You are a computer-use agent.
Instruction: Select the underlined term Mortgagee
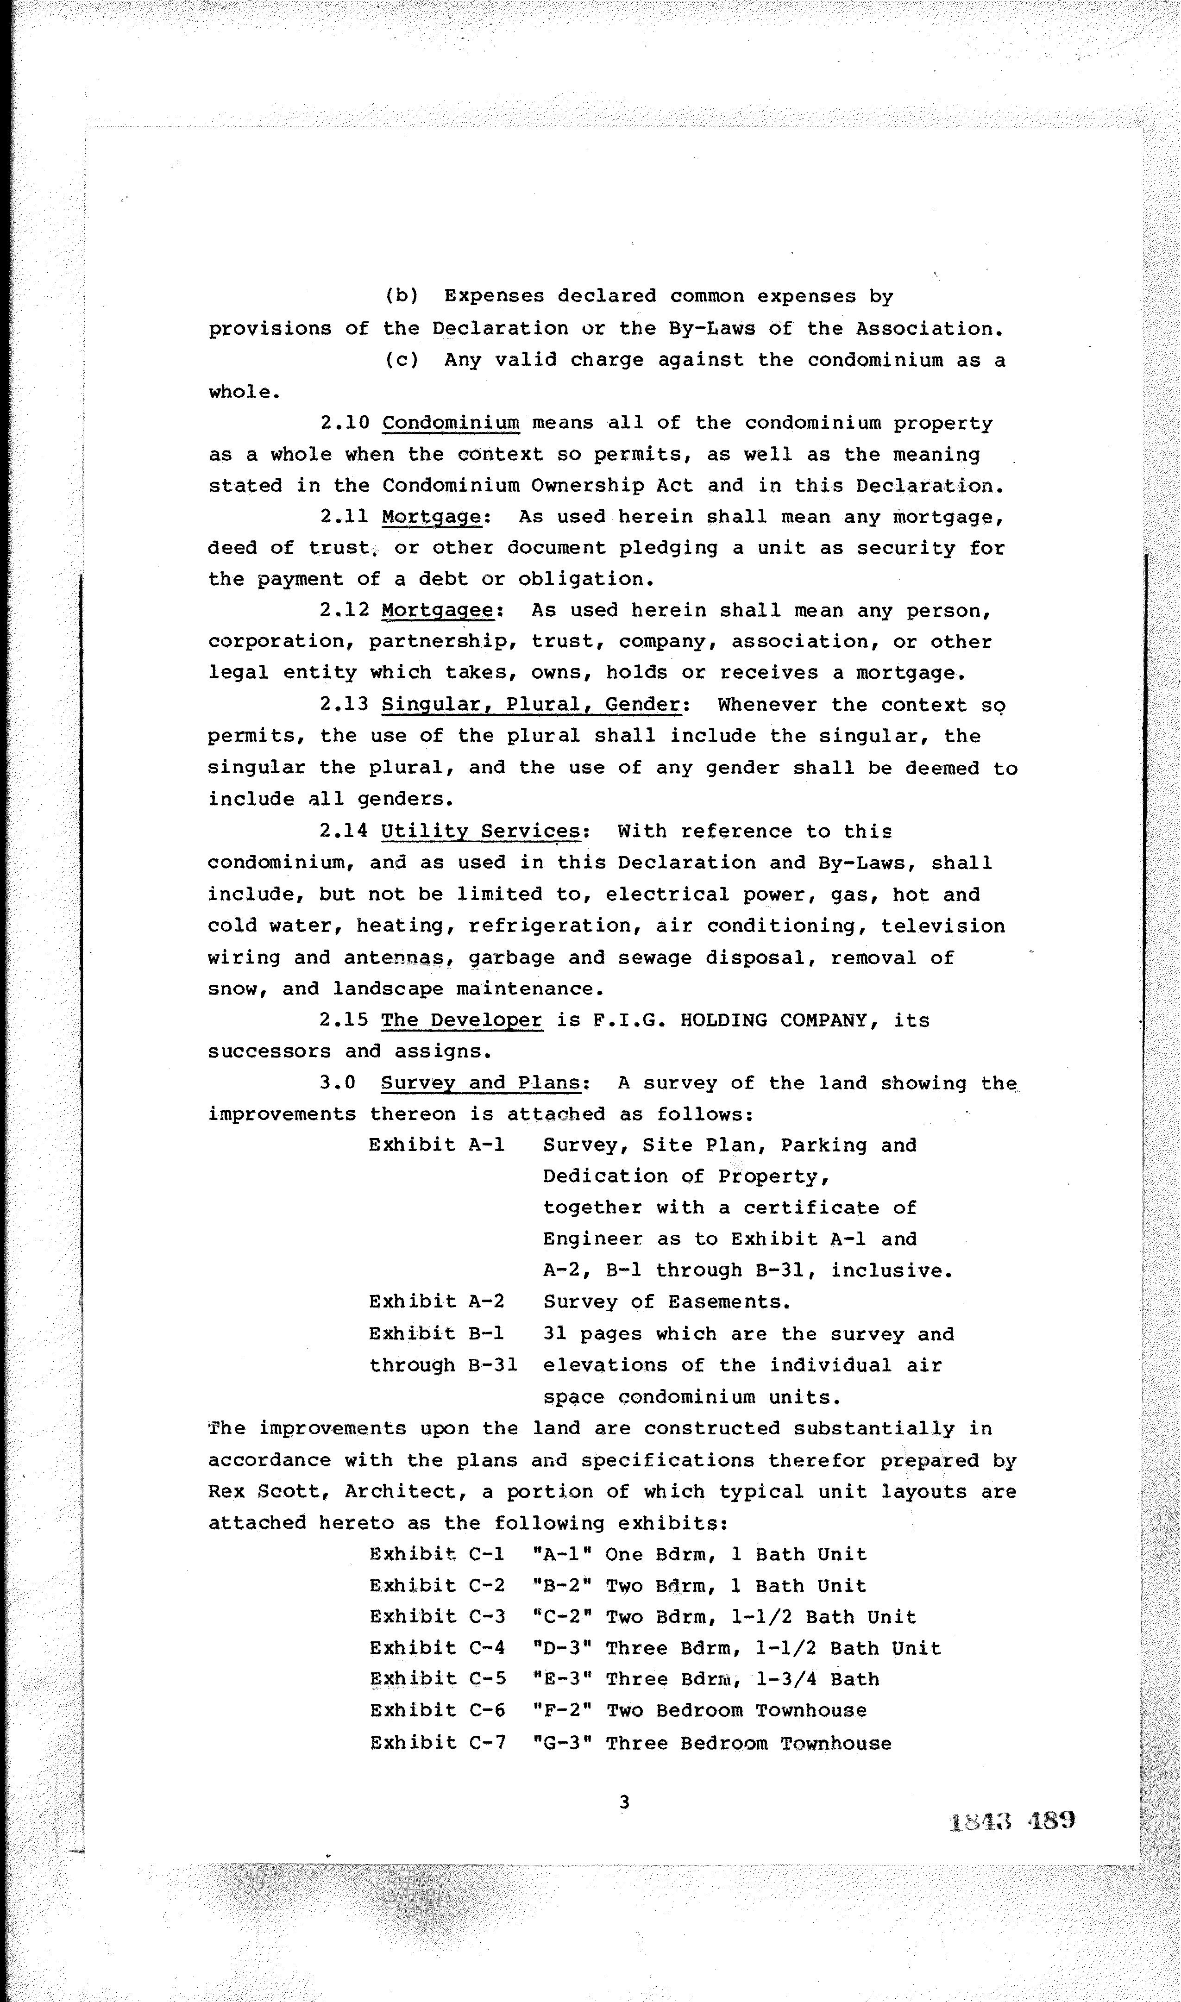(442, 610)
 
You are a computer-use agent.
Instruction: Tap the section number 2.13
(344, 705)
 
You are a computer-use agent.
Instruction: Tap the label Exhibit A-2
(436, 1301)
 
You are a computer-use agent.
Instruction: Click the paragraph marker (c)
(402, 359)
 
